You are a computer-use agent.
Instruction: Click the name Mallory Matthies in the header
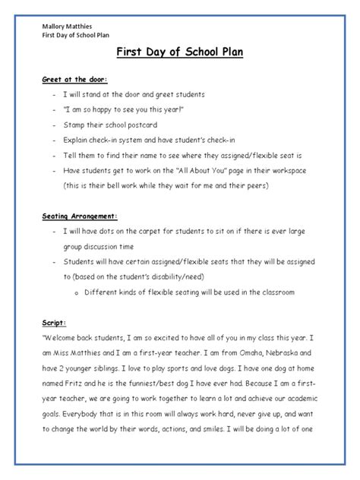click(x=68, y=26)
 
